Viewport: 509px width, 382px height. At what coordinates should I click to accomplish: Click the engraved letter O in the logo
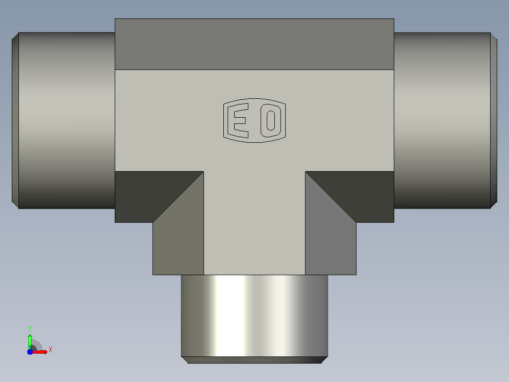271,121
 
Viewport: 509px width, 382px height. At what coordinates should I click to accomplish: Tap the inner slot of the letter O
271,121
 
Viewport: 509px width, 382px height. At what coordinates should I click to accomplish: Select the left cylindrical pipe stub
67,120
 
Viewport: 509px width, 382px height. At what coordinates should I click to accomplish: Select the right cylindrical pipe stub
442,120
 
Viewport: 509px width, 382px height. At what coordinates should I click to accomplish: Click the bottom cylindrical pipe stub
254,316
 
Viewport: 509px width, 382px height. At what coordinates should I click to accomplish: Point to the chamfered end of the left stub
15,120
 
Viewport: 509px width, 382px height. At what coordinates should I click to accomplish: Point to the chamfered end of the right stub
494,120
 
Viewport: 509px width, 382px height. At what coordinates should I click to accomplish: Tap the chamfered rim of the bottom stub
254,360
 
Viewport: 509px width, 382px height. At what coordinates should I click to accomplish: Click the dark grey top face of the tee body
254,44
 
